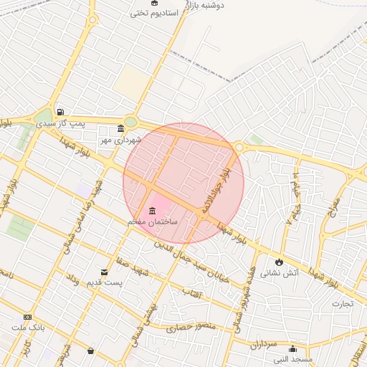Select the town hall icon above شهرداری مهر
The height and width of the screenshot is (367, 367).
coord(120,129)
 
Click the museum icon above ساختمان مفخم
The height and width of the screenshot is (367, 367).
coord(152,211)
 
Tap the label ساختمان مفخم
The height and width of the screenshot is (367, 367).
coord(152,223)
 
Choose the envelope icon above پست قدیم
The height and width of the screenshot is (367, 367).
coord(105,272)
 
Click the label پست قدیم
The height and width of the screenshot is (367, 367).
coord(103,284)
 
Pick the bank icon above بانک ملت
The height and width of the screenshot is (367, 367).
coord(28,317)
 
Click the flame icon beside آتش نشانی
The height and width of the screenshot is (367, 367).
coord(279,262)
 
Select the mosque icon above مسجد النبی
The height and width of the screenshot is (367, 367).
coord(292,348)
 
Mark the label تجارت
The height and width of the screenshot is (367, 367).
coord(343,304)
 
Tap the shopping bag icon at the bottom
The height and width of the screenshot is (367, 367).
coord(90,351)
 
